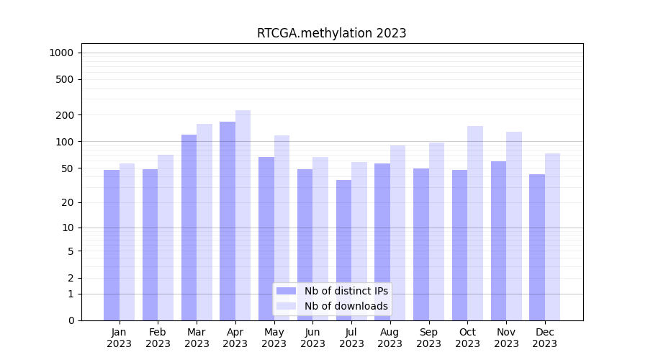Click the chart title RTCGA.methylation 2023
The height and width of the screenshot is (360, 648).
tap(331, 33)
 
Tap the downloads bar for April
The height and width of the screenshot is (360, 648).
tap(243, 215)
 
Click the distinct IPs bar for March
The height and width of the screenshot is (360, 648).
tap(189, 228)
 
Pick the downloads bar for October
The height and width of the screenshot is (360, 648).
tap(475, 223)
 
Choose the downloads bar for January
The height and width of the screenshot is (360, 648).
tap(127, 242)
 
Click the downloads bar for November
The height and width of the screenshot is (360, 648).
tap(514, 226)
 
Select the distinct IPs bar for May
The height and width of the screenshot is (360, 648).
tap(266, 238)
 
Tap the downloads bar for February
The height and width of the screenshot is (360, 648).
tap(166, 238)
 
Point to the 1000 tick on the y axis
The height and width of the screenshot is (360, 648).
tap(61, 53)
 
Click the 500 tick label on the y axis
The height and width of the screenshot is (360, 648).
tap(66, 79)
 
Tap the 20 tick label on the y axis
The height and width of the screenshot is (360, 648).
tap(68, 202)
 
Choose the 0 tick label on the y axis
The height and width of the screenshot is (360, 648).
tap(71, 320)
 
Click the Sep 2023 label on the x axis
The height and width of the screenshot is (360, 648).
tap(428, 338)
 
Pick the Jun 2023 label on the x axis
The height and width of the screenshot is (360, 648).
tap(312, 338)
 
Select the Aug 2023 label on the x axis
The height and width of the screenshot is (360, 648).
tap(390, 338)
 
